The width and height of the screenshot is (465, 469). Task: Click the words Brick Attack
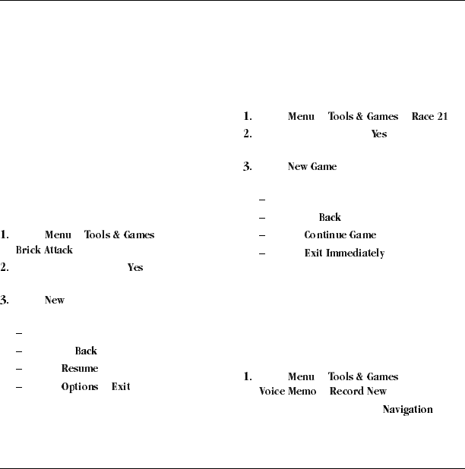[x=44, y=250]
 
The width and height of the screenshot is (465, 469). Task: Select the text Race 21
[x=430, y=117]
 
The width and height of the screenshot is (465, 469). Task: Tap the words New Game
[x=312, y=167]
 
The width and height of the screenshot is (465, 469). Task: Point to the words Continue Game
[x=340, y=235]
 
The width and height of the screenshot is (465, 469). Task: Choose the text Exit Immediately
[x=344, y=253]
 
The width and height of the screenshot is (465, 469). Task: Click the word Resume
[x=79, y=369]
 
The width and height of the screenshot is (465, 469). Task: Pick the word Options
[x=79, y=387]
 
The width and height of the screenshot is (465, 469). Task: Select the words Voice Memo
[x=280, y=392]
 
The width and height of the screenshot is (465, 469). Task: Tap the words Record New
[x=358, y=392]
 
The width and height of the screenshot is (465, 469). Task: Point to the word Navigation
[x=407, y=410]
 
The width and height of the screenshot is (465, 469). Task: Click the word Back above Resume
[x=86, y=351]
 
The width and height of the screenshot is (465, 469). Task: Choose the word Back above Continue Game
[x=330, y=218]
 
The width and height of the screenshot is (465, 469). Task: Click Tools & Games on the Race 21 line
[x=363, y=117]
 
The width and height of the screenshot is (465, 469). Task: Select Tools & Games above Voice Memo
[x=363, y=376]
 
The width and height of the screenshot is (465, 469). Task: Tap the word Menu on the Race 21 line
[x=302, y=117]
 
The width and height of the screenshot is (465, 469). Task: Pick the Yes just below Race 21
[x=378, y=134]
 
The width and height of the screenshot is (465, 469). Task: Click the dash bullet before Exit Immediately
[x=262, y=253]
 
